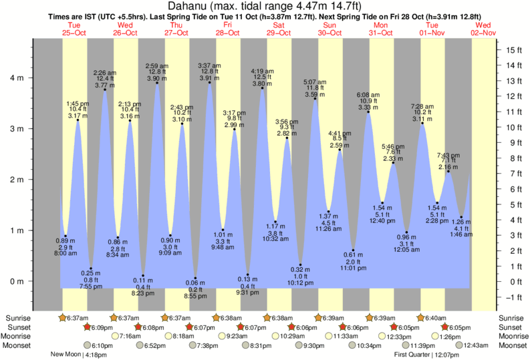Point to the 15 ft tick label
tap(513, 50)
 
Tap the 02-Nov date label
tap(483, 32)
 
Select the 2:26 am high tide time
tap(105, 72)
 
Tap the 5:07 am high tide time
tap(315, 82)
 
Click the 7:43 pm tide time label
tap(448, 155)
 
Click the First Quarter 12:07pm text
tap(424, 355)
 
